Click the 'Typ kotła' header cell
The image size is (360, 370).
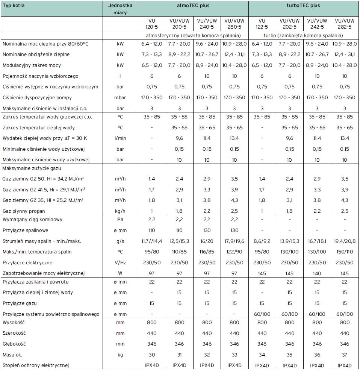(14, 6)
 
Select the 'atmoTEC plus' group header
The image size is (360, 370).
(194, 6)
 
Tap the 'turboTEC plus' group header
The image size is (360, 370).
(303, 6)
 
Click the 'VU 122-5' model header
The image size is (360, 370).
(262, 24)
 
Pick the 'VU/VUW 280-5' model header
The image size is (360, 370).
(234, 24)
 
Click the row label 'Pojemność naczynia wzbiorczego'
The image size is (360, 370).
(40, 76)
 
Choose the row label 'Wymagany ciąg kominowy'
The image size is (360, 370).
(32, 220)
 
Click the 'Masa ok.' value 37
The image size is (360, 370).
(344, 354)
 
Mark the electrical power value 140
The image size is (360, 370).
(317, 273)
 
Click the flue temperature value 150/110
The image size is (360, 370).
(344, 252)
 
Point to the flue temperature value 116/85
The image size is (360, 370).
(207, 252)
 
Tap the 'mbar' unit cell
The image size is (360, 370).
(120, 98)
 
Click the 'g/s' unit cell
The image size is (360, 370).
(120, 241)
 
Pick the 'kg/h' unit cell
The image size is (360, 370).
(120, 211)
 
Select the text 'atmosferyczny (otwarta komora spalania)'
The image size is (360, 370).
(194, 35)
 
